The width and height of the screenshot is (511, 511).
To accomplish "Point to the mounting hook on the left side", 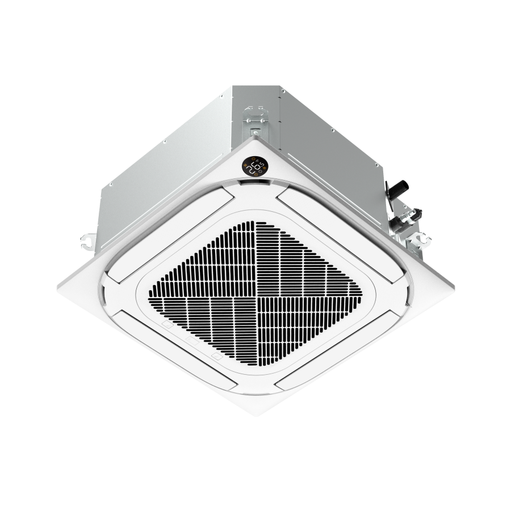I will [x=87, y=240].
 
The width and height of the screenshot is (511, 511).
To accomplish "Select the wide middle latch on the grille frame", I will [x=191, y=342].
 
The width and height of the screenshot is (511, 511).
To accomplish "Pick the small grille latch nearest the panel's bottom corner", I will [x=215, y=357].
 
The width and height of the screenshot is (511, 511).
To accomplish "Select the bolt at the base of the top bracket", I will [x=254, y=131].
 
